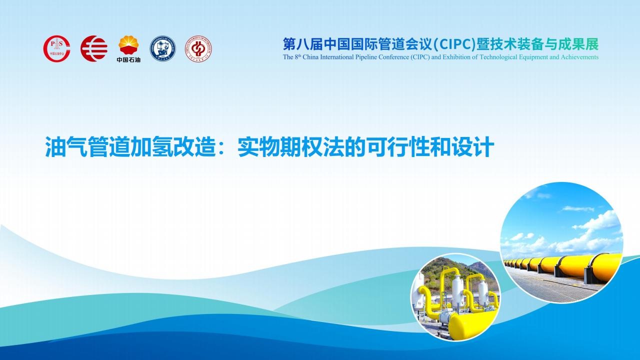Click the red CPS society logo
coord(57,48)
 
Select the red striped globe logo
coord(94,48)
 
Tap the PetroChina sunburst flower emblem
coord(128,45)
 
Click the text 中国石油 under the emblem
coord(128,59)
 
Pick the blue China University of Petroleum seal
coord(163,48)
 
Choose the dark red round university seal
coord(198,48)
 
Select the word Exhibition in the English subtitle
coord(456,57)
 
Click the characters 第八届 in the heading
coord(303,44)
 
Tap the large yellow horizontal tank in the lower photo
coord(471,325)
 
